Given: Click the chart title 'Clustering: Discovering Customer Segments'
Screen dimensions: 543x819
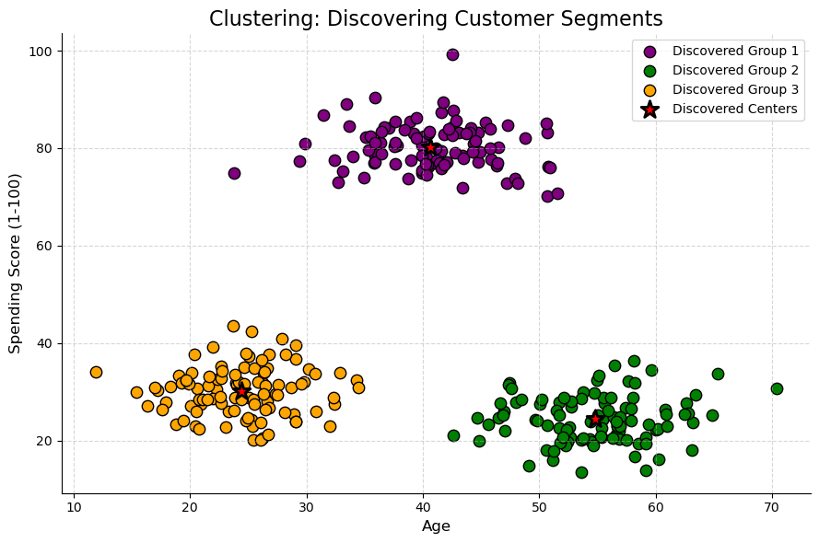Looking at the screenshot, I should pyautogui.click(x=435, y=18).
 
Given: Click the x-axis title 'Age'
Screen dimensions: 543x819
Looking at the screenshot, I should pyautogui.click(x=435, y=526).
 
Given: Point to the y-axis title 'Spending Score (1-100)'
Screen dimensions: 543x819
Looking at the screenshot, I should pyautogui.click(x=15, y=264).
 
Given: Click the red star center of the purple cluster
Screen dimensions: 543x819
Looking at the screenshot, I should pyautogui.click(x=430, y=147).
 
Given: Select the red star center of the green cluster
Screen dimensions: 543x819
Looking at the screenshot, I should pyautogui.click(x=595, y=419).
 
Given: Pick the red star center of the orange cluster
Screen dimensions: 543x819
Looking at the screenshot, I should pyautogui.click(x=241, y=391).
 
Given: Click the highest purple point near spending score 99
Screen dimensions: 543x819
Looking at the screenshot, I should pyautogui.click(x=452, y=54).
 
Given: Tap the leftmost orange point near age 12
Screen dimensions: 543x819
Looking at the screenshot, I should pyautogui.click(x=96, y=372).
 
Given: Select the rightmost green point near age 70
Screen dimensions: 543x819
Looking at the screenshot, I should pyautogui.click(x=777, y=388).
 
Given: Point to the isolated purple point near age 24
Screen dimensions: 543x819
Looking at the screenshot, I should pyautogui.click(x=234, y=173).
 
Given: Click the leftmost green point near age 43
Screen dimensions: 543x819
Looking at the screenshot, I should pyautogui.click(x=453, y=435).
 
